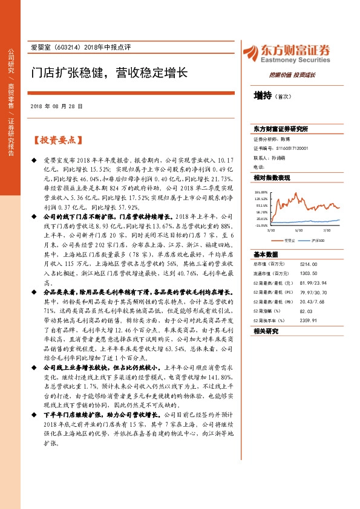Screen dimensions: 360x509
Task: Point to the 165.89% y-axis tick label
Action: coord(261,191)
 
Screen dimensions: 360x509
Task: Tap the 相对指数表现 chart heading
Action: coord(272,178)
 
